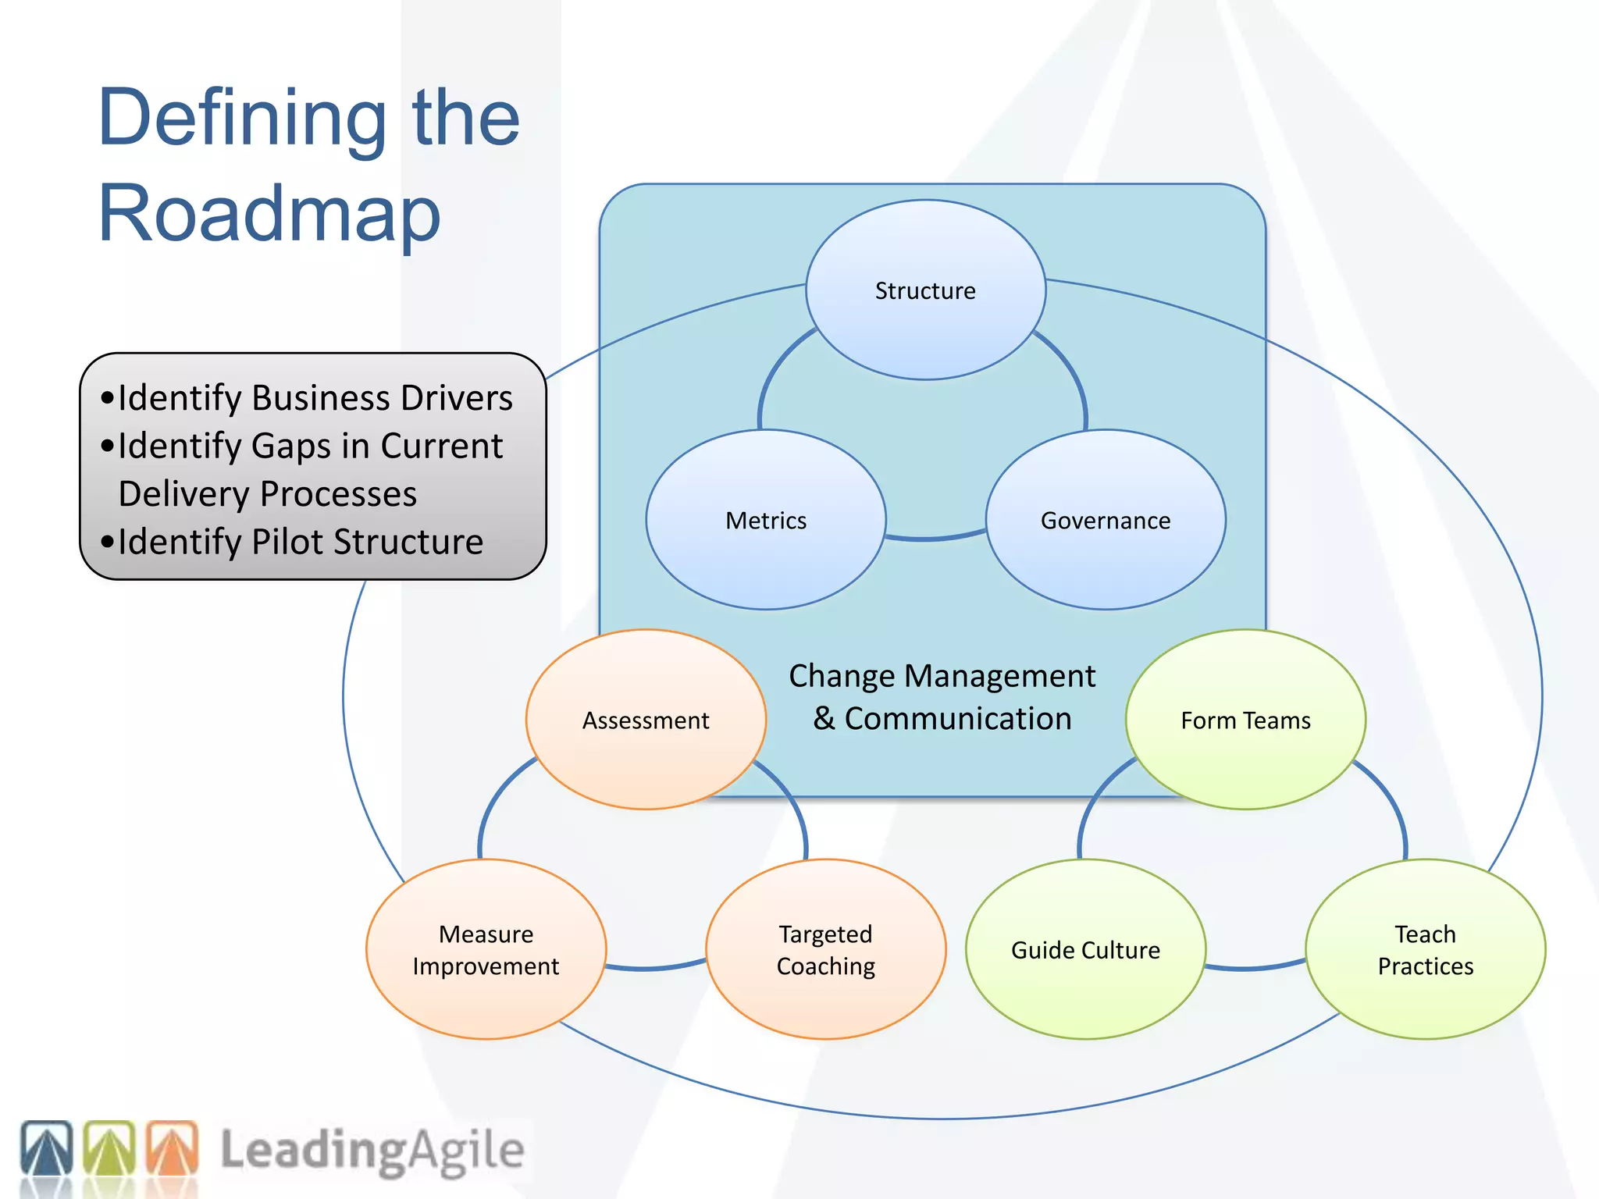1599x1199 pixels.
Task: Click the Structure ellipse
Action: point(925,290)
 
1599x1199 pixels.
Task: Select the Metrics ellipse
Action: point(766,521)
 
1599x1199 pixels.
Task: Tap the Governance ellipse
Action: point(1106,521)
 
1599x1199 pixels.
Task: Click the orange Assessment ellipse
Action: point(646,720)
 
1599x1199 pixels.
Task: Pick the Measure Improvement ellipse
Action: point(486,950)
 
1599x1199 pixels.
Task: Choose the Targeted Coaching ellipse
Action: point(825,950)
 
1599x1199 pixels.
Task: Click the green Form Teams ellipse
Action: point(1245,720)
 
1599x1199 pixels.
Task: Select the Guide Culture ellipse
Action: point(1085,950)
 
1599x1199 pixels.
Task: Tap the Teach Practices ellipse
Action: point(1425,950)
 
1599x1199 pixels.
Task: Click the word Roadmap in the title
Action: point(269,213)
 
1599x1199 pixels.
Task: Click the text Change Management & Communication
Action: point(942,697)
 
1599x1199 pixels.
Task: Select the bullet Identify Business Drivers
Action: point(315,398)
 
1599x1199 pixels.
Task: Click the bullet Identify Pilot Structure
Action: point(300,542)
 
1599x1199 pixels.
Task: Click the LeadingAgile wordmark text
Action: point(372,1151)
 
